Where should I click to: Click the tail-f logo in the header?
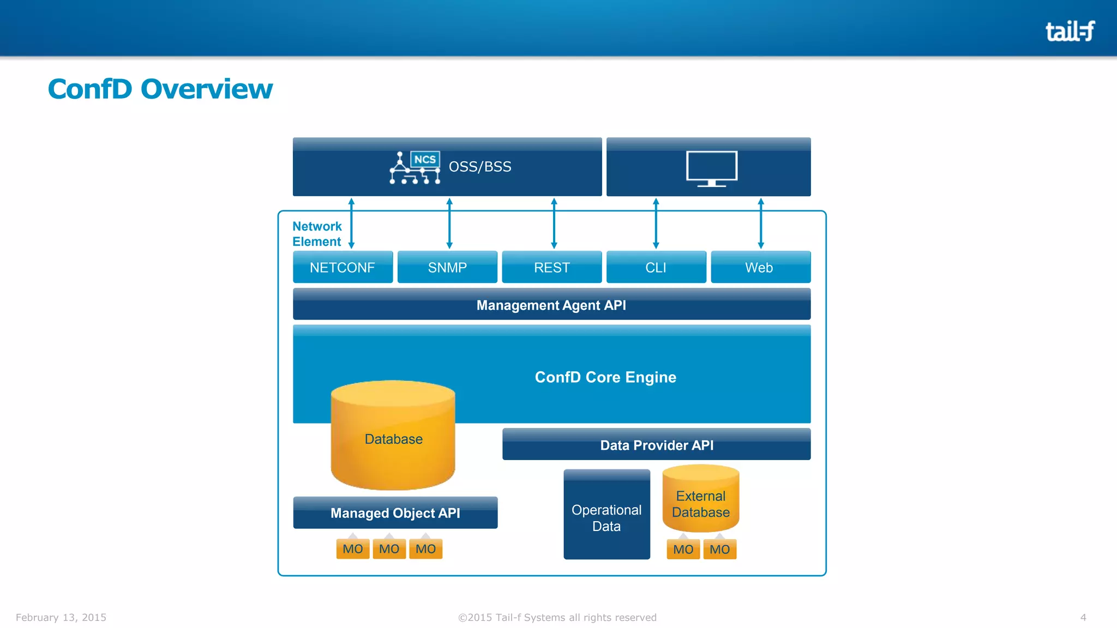(1070, 31)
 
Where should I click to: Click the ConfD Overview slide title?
(160, 89)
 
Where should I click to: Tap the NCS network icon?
(415, 167)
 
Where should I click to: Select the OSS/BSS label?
(480, 167)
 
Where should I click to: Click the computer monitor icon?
(712, 168)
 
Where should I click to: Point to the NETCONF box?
(343, 267)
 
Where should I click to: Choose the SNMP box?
(447, 267)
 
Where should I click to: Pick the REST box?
(551, 267)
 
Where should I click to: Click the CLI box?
(656, 267)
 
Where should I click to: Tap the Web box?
(760, 267)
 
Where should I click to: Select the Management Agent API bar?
(551, 305)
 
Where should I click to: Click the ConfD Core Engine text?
(605, 377)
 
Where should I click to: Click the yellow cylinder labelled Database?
(393, 439)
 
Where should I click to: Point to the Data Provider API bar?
(656, 445)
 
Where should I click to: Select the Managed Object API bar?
(395, 513)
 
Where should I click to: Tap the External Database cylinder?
(701, 502)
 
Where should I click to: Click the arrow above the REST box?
(554, 224)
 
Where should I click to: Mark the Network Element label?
(317, 234)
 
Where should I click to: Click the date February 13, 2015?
(61, 617)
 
